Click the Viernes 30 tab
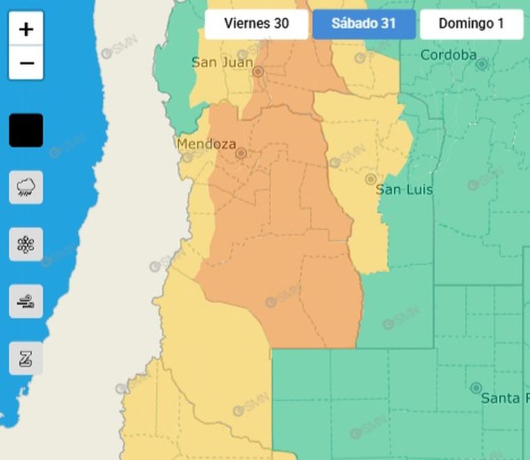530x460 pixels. point(256,24)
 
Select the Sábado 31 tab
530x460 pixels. point(363,24)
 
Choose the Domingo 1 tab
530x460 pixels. point(471,24)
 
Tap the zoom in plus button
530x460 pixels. point(26,29)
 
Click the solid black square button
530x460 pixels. point(26,131)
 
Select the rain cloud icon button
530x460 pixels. point(26,187)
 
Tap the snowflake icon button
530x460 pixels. point(26,244)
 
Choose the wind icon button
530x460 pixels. point(26,302)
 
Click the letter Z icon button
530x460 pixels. point(26,359)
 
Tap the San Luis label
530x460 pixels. point(404,190)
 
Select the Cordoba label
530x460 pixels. point(448,55)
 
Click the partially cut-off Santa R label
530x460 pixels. point(500,398)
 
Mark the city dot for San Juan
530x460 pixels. point(258,71)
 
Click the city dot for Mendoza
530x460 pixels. point(241,153)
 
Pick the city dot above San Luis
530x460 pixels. point(371,179)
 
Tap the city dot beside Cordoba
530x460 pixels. point(481,64)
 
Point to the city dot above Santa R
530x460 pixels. point(476,387)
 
